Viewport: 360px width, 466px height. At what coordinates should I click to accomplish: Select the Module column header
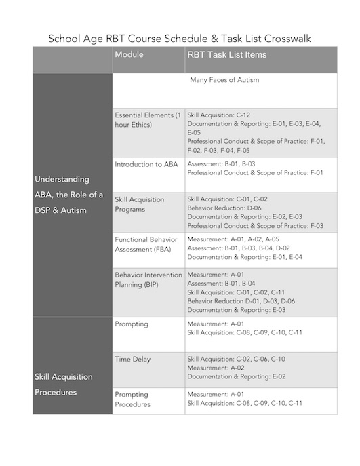click(129, 55)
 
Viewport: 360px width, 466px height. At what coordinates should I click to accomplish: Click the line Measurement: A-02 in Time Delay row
click(214, 367)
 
